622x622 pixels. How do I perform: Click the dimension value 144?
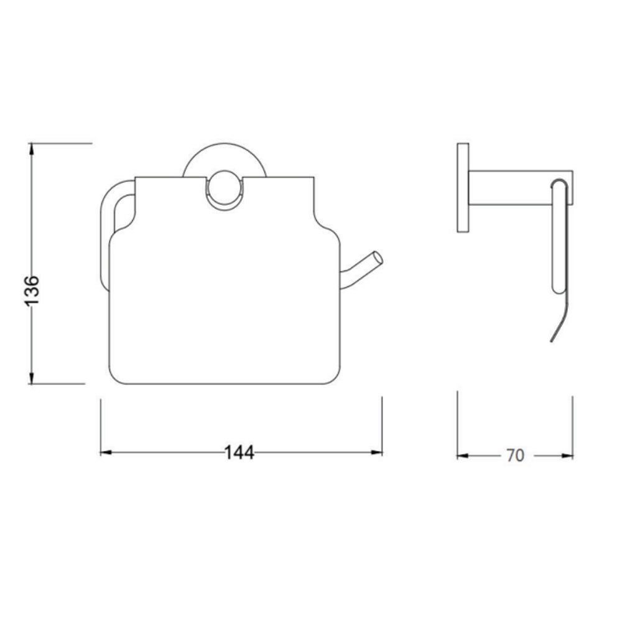point(239,453)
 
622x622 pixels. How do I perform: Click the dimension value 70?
point(515,455)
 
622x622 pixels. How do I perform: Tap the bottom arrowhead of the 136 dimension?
point(32,379)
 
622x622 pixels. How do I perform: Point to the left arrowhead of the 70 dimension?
point(462,455)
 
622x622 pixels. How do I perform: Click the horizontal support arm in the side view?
point(510,187)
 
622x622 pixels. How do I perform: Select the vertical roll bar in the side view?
point(558,236)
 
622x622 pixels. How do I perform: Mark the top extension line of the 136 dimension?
point(62,143)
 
